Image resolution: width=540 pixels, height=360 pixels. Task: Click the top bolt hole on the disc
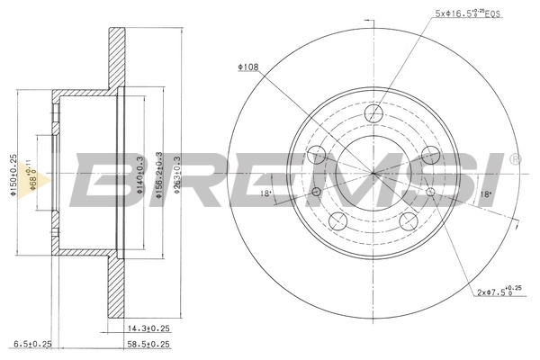[373, 113]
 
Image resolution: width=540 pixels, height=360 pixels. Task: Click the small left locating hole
[316, 191]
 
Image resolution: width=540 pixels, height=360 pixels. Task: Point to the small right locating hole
[431, 191]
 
